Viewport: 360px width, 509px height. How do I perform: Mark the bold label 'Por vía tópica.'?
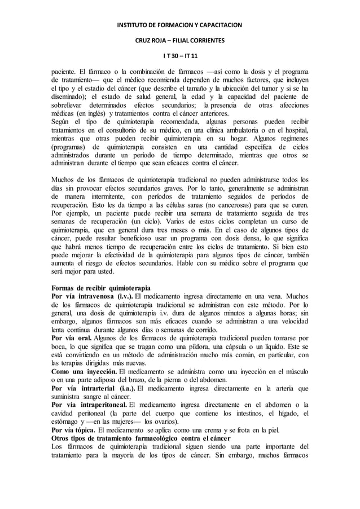point(73,428)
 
